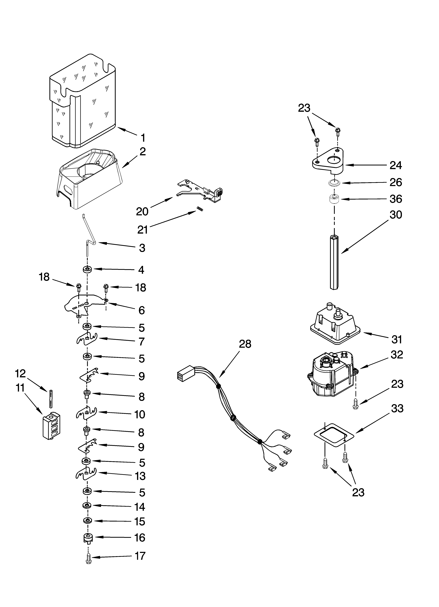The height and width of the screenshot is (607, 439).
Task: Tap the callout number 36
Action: click(x=396, y=199)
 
